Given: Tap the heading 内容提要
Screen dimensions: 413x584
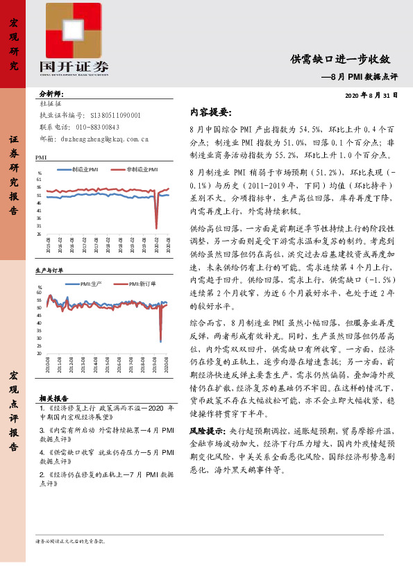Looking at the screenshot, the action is (210, 112).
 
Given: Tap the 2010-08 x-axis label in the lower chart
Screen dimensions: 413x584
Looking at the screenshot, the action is (48, 364).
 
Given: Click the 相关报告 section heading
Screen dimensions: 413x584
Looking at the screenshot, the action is (53, 399).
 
